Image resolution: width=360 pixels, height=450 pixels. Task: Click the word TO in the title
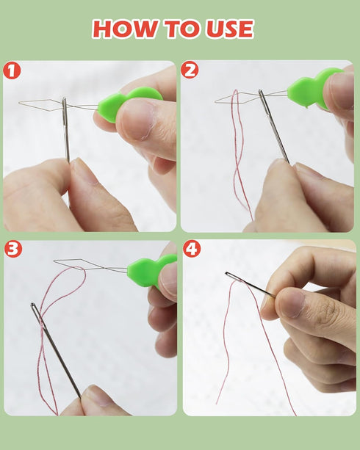pyautogui.click(x=181, y=29)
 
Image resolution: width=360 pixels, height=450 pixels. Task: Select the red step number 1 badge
pyautogui.click(x=12, y=70)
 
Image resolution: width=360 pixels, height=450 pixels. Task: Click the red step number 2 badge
pyautogui.click(x=190, y=70)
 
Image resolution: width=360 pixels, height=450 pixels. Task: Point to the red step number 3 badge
pyautogui.click(x=13, y=249)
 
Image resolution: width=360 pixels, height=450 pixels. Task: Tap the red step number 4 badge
pyautogui.click(x=192, y=249)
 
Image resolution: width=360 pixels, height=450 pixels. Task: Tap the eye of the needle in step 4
pyautogui.click(x=230, y=275)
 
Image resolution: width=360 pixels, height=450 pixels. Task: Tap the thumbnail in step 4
pyautogui.click(x=291, y=302)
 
